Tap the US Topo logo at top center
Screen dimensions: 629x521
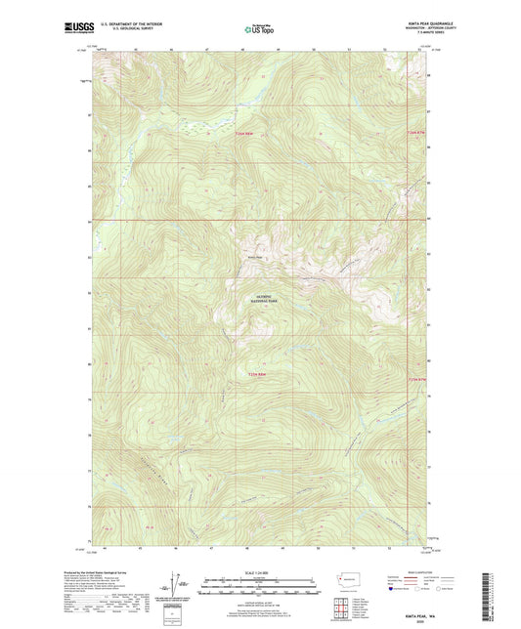click(256, 30)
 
